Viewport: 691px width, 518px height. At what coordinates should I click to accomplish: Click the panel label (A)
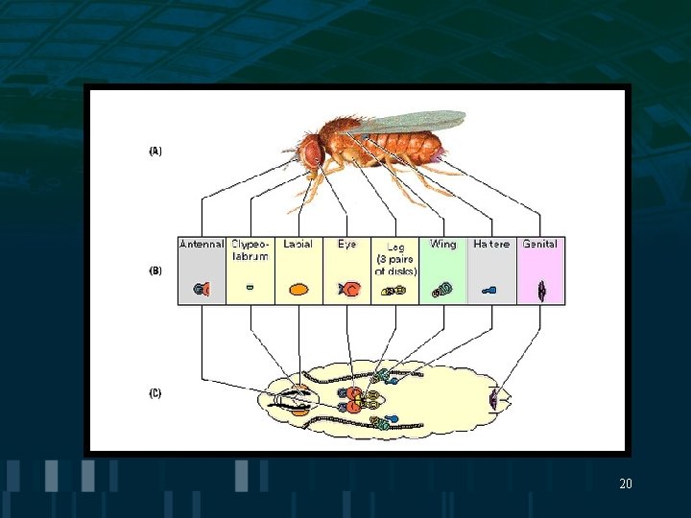[155, 151]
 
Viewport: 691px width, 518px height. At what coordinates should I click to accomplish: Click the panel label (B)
[155, 271]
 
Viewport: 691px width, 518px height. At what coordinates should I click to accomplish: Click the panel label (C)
[155, 392]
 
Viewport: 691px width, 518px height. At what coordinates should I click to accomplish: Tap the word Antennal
[202, 245]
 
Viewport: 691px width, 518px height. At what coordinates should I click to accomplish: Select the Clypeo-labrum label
[250, 250]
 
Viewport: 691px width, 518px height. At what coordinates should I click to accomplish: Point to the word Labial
[298, 245]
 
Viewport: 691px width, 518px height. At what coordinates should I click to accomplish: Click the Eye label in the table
[346, 245]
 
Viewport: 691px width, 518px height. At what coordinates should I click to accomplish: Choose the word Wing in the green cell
[443, 245]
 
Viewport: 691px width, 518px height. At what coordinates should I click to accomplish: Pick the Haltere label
[491, 245]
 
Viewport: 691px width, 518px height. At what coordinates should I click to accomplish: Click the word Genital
[540, 245]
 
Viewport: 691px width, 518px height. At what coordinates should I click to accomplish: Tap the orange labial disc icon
[298, 288]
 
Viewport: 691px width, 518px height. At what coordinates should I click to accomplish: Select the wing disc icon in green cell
[442, 289]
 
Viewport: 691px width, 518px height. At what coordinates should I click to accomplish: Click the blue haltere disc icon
[489, 288]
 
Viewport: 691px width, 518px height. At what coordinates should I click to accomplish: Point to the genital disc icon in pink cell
[541, 289]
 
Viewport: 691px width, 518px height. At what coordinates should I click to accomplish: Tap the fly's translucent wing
[408, 122]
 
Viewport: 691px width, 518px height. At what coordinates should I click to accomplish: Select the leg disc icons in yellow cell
[393, 290]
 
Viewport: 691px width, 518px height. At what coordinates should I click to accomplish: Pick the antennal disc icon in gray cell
[201, 288]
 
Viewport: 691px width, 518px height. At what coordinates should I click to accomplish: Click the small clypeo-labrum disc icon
[250, 286]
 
